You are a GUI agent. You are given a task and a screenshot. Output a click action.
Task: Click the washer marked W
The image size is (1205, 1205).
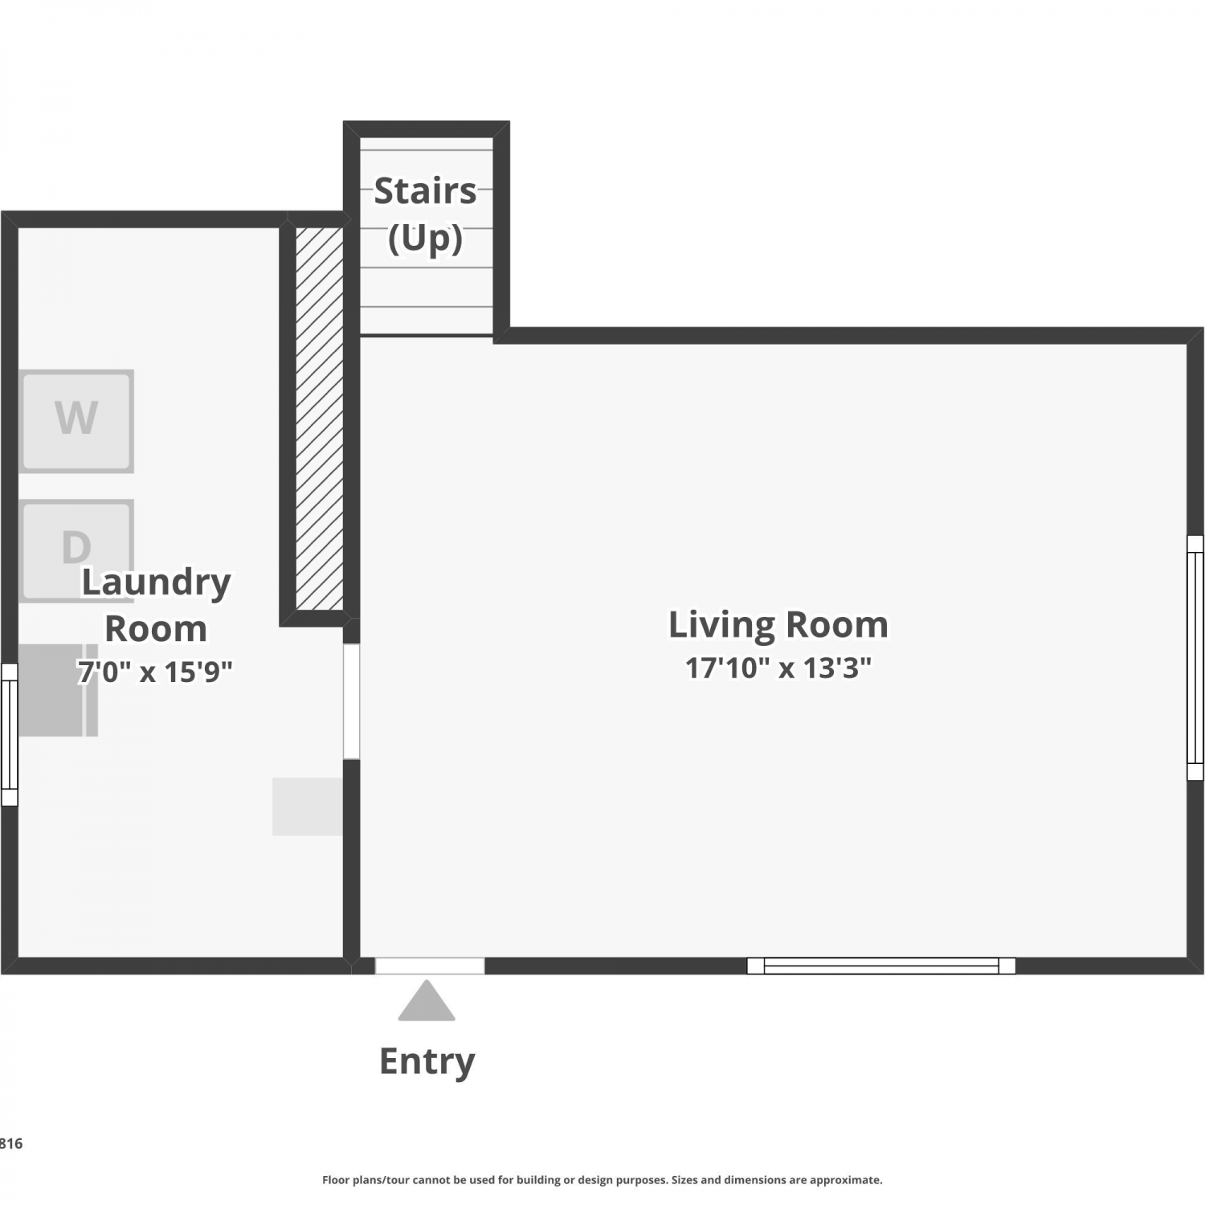76,421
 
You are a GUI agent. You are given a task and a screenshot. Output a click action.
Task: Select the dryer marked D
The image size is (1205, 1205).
76,550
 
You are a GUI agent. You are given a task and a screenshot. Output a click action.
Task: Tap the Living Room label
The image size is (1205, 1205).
778,625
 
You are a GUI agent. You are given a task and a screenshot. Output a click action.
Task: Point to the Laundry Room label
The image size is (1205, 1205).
156,605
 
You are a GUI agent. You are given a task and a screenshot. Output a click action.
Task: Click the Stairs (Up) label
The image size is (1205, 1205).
425,214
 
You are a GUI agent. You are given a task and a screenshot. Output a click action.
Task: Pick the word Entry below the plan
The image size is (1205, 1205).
427,1062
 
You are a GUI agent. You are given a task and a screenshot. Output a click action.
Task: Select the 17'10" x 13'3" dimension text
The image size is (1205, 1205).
778,668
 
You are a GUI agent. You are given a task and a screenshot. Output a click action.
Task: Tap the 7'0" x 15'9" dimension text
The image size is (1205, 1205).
155,672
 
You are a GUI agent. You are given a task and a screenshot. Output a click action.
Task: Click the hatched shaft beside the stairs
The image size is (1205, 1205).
320,418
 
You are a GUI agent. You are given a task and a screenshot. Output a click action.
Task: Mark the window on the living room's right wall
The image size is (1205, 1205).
1195,658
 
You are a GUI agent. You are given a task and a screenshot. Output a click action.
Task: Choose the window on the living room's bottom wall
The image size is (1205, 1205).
881,966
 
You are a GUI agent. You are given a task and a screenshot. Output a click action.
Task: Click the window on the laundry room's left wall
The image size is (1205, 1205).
10,734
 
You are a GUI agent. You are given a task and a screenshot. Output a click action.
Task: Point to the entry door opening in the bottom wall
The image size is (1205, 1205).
430,966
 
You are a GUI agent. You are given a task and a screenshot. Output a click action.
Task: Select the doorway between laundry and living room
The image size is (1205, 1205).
351,701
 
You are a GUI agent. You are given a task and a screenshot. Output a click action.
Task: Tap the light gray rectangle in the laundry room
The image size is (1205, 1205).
308,807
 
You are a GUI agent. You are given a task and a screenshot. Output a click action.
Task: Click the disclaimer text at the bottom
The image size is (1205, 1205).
602,1180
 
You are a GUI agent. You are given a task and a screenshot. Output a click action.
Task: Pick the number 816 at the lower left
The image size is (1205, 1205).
11,1144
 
